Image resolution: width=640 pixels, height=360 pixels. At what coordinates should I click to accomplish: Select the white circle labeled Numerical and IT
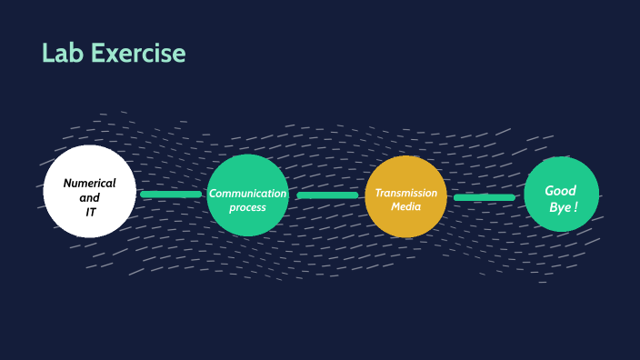pyautogui.click(x=89, y=191)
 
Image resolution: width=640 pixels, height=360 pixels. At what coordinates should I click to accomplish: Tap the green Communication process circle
pyautogui.click(x=247, y=195)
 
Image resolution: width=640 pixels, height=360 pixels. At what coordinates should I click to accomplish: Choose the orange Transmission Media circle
pyautogui.click(x=405, y=195)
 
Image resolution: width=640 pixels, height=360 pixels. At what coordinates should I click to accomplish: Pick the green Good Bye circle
pyautogui.click(x=562, y=194)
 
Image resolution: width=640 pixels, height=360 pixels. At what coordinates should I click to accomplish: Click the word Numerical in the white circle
pyautogui.click(x=89, y=184)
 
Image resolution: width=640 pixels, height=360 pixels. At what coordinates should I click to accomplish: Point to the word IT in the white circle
pyautogui.click(x=91, y=212)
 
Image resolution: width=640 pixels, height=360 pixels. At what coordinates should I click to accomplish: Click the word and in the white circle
pyautogui.click(x=89, y=197)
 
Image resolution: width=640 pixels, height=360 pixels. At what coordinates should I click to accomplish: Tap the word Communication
pyautogui.click(x=247, y=193)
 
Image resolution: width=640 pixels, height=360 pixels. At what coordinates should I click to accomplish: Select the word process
pyautogui.click(x=247, y=207)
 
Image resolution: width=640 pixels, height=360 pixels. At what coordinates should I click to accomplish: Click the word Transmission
pyautogui.click(x=405, y=193)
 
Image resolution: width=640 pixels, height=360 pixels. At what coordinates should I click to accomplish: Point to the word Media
pyautogui.click(x=405, y=206)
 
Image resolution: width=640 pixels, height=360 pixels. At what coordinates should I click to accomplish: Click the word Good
pyautogui.click(x=561, y=190)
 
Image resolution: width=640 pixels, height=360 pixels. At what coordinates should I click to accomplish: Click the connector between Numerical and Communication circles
pyautogui.click(x=171, y=194)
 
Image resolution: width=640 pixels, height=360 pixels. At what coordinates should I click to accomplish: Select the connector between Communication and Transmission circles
pyautogui.click(x=327, y=195)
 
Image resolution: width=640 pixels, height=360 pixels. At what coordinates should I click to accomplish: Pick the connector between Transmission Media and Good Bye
pyautogui.click(x=485, y=196)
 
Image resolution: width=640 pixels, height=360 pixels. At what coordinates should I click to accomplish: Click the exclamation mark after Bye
pyautogui.click(x=575, y=207)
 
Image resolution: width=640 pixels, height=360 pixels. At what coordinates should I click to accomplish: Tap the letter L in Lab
pyautogui.click(x=48, y=54)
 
